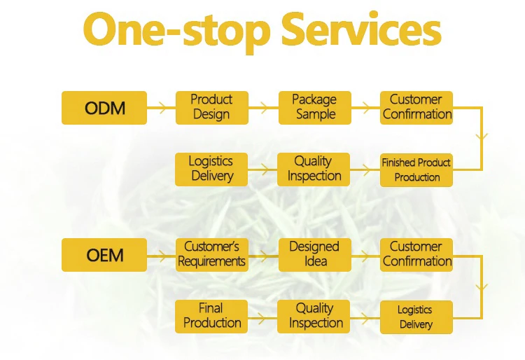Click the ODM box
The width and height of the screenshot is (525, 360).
pyautogui.click(x=104, y=108)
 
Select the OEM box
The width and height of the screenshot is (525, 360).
pyautogui.click(x=104, y=255)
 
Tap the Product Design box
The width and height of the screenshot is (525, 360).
pyautogui.click(x=212, y=108)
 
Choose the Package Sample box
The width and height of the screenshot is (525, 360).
pyautogui.click(x=315, y=108)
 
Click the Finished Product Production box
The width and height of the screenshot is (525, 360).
pyautogui.click(x=416, y=170)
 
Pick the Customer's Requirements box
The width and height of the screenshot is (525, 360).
pyautogui.click(x=212, y=255)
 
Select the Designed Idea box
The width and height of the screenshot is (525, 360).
pyautogui.click(x=315, y=255)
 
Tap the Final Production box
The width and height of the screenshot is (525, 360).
pyautogui.click(x=211, y=317)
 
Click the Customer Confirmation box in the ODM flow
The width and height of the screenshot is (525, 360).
pyautogui.click(x=416, y=108)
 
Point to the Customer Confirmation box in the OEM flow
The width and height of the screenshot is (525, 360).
pyautogui.click(x=416, y=255)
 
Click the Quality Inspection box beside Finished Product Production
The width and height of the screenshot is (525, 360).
pyautogui.click(x=314, y=169)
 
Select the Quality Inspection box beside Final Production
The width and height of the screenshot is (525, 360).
pyautogui.click(x=314, y=317)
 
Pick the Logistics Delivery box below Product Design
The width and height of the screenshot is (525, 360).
pyautogui.click(x=211, y=169)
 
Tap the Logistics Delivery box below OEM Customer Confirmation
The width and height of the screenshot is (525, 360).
pyautogui.click(x=416, y=317)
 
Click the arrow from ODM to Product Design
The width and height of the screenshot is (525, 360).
pyautogui.click(x=162, y=108)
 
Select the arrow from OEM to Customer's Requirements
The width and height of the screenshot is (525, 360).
pyautogui.click(x=162, y=256)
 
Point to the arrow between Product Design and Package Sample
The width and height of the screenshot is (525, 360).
pyautogui.click(x=263, y=108)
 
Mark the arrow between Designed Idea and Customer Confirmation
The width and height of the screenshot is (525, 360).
pyautogui.click(x=365, y=256)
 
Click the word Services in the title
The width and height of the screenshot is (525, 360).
pyautogui.click(x=362, y=29)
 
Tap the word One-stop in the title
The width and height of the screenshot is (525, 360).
pyautogui.click(x=176, y=32)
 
